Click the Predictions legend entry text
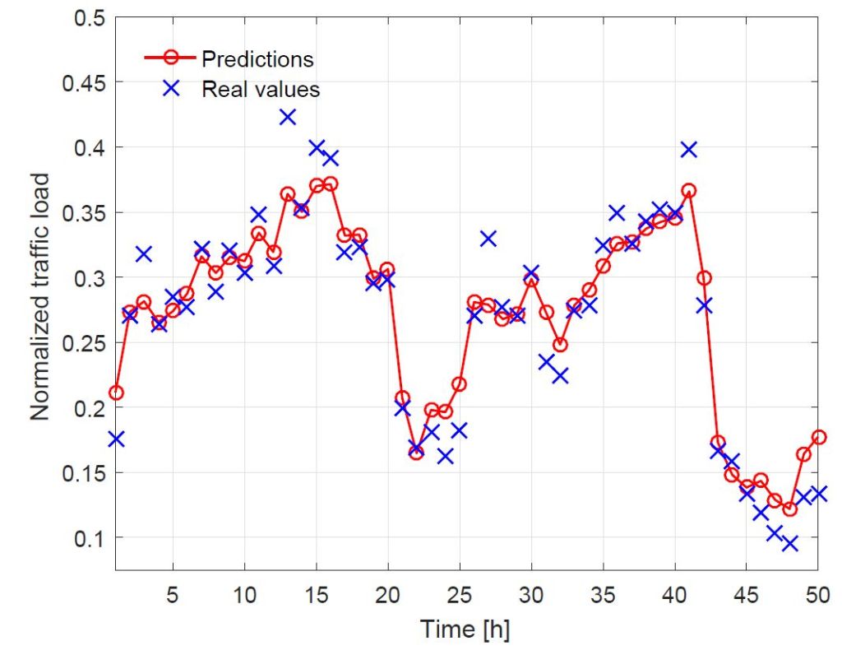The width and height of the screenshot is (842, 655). click(257, 59)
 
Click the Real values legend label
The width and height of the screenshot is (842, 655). click(261, 89)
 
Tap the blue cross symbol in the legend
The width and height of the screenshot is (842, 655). click(171, 88)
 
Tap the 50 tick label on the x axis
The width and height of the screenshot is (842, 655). click(817, 592)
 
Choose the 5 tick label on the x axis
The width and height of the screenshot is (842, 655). click(173, 592)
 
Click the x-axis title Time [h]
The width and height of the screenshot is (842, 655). click(465, 629)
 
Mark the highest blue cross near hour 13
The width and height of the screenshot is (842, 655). click(288, 117)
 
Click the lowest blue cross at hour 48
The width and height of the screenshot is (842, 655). click(789, 543)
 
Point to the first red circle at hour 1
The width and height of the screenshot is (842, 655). click(116, 393)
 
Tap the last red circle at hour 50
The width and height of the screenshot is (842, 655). click(818, 437)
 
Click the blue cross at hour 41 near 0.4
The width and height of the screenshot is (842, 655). click(689, 149)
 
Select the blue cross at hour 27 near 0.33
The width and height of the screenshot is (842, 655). click(488, 239)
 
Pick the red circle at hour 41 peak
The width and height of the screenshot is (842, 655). click(689, 191)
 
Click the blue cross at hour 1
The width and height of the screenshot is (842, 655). click(116, 439)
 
